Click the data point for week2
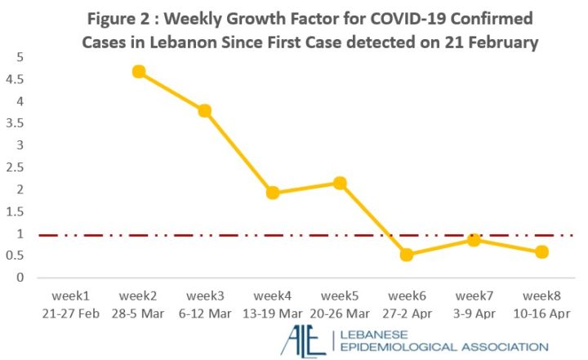pyautogui.click(x=139, y=72)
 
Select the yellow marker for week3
pyautogui.click(x=205, y=110)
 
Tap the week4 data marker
pyautogui.click(x=273, y=193)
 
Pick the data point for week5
pyautogui.click(x=340, y=183)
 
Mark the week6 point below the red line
pyautogui.click(x=407, y=255)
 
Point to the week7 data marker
pyautogui.click(x=474, y=239)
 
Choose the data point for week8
pyautogui.click(x=541, y=252)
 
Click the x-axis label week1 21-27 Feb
pyautogui.click(x=71, y=302)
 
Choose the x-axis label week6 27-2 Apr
pyautogui.click(x=407, y=302)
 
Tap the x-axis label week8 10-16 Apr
pyautogui.click(x=541, y=302)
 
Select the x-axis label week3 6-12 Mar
pyautogui.click(x=205, y=302)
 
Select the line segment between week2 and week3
pyautogui.click(x=171, y=91)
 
